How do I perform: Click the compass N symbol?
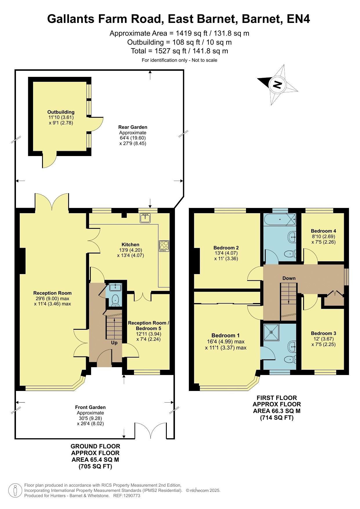click(278, 85)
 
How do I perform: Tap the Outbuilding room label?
click(61, 112)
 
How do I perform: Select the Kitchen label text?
click(131, 244)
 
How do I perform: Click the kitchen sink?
click(145, 218)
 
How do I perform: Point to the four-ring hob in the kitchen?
click(164, 246)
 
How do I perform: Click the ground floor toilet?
click(116, 300)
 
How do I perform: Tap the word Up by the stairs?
click(114, 343)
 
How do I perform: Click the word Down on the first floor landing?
click(289, 278)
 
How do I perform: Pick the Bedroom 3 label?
click(323, 333)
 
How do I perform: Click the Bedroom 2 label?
click(226, 248)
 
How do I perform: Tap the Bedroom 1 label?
click(226, 335)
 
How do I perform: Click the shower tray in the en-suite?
click(271, 332)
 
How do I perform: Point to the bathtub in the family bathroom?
click(280, 220)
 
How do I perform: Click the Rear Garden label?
click(133, 127)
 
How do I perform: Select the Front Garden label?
click(90, 407)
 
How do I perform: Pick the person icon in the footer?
click(15, 490)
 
